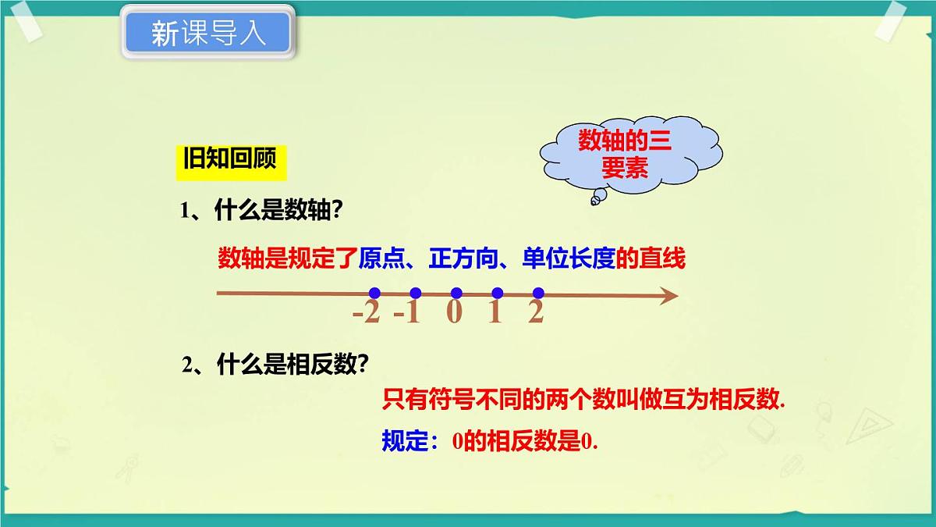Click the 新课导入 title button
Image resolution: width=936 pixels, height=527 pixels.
click(207, 33)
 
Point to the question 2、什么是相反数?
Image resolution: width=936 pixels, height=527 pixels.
click(275, 365)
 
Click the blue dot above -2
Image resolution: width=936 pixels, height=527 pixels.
click(374, 294)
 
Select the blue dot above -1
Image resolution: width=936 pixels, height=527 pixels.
click(415, 294)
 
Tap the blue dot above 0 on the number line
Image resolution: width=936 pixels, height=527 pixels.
click(456, 294)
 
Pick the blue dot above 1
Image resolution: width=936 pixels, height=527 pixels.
click(497, 294)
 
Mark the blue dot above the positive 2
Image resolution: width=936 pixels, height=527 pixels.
click(537, 294)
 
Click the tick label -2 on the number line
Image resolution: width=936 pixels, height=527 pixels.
click(366, 313)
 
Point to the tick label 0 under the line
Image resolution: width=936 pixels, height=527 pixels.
click(455, 313)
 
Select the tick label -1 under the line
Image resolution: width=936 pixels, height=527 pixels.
click(406, 313)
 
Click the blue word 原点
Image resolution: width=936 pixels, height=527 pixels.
click(380, 258)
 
